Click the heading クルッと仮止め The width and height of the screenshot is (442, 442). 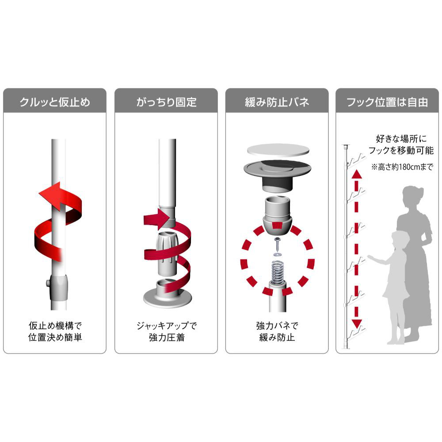pos(55,102)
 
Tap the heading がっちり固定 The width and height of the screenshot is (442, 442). pos(166,102)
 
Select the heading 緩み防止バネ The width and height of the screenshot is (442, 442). pos(277,102)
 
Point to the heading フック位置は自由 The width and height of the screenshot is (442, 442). pos(387,102)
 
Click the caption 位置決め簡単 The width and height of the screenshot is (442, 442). pos(55,337)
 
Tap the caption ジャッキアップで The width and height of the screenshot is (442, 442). pos(166,326)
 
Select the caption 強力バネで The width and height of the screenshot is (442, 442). pos(277,326)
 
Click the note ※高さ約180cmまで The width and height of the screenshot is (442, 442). pos(402,167)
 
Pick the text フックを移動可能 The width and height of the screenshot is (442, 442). pos(401,150)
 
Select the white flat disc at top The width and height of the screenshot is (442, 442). pos(278,149)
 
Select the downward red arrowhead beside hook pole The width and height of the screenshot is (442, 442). pos(357,324)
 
